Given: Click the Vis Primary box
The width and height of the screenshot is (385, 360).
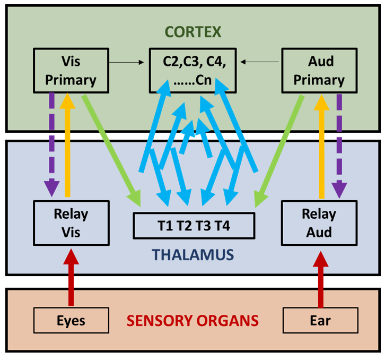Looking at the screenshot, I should coord(71,71).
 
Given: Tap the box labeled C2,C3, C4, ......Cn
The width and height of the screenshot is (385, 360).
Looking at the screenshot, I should coord(194,71).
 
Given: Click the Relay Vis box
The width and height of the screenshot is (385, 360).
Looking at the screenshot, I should coord(71,223).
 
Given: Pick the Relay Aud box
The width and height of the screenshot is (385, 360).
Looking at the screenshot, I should coord(319,223).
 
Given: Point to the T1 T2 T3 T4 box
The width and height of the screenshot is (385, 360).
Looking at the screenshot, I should coord(194,226).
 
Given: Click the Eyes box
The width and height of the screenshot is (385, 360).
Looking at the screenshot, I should coord(71,321).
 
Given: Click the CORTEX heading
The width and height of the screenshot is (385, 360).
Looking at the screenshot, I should coord(193,31).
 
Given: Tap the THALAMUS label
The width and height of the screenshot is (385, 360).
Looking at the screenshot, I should coord(193,255).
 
